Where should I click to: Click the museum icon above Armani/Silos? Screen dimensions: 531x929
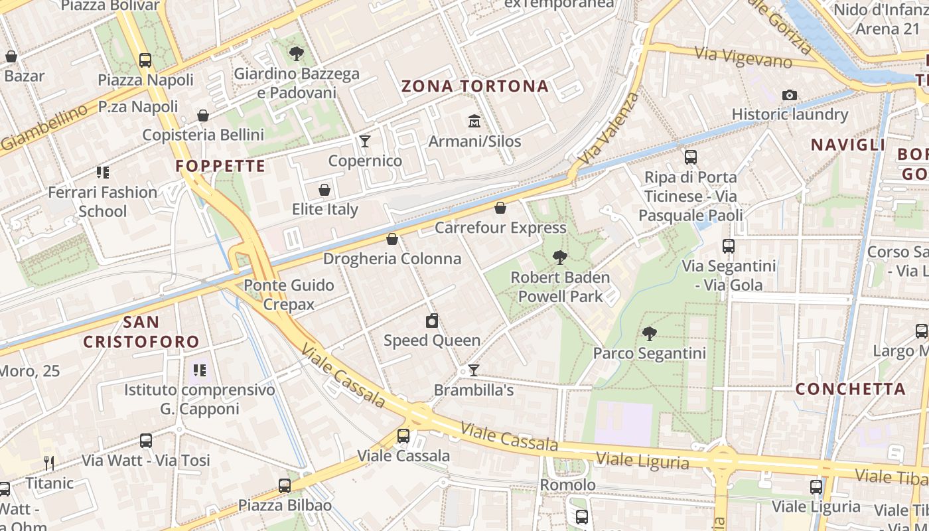(474, 121)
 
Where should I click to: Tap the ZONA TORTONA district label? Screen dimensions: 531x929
(475, 86)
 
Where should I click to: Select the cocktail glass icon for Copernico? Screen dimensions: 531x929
(364, 141)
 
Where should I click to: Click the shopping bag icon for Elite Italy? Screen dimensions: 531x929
(324, 190)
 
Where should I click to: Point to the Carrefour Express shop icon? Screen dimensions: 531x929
(500, 208)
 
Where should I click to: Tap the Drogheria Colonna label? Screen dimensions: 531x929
(392, 259)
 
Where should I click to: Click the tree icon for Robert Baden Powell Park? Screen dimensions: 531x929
(560, 258)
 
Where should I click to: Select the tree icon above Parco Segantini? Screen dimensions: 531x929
(650, 334)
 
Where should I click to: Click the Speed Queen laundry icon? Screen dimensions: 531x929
(432, 321)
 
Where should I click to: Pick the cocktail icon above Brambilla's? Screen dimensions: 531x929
(473, 370)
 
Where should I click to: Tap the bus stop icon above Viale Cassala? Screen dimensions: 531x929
(403, 436)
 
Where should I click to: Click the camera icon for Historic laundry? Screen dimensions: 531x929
(790, 95)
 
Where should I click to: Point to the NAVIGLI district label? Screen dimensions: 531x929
(848, 145)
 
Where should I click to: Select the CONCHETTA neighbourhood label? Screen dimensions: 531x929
(851, 389)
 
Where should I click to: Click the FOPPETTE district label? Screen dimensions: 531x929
(220, 166)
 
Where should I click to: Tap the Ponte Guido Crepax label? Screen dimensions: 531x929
(289, 295)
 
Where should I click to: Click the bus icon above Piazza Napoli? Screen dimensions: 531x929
(145, 60)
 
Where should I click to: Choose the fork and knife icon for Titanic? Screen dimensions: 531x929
(49, 463)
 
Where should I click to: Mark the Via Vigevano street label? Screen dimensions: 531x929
(743, 57)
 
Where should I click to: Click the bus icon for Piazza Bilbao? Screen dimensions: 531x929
(285, 486)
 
